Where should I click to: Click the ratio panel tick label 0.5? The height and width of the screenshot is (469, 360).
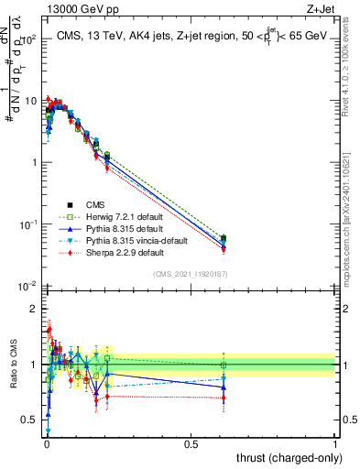(x=29, y=420)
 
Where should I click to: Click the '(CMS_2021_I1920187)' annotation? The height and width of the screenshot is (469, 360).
(x=191, y=273)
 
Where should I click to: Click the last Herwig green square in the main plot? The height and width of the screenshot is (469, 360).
(x=223, y=238)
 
